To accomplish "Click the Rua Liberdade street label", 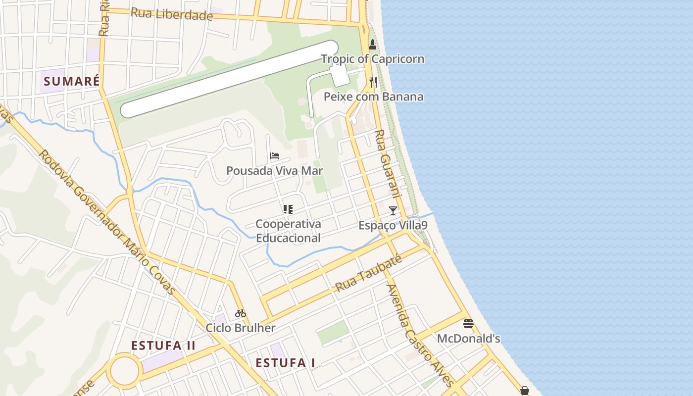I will (171, 14).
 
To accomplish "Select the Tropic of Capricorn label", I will (372, 59).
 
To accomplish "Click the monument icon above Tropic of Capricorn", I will (373, 45).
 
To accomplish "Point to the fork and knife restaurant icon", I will (373, 82).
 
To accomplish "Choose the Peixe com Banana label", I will (373, 97).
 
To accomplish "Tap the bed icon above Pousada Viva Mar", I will (275, 156).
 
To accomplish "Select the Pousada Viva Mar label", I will (274, 171).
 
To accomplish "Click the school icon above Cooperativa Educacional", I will (288, 209).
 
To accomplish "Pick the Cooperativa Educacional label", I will (288, 231).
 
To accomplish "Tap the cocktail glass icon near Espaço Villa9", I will (393, 211).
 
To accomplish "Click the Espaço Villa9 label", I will (393, 226).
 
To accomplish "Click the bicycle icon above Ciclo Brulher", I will (241, 313).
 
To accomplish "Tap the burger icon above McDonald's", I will (468, 324).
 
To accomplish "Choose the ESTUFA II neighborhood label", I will (163, 346).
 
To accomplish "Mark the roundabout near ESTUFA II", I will (124, 370).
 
